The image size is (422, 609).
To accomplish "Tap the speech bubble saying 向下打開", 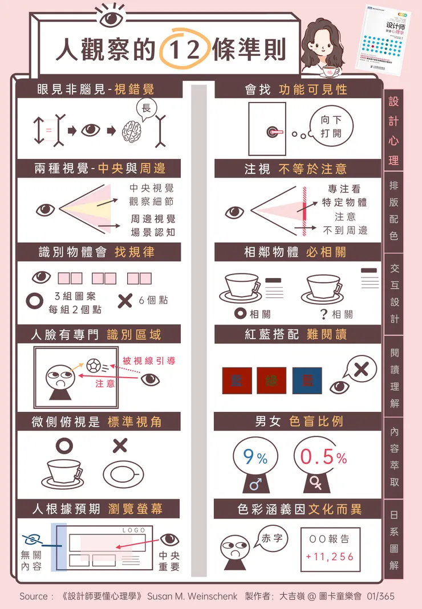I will click(x=330, y=126).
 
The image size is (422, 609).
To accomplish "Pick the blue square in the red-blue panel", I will click(x=307, y=381).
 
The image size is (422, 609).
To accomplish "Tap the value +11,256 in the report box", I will click(x=330, y=557).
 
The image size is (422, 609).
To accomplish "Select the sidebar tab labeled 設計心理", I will click(x=393, y=131).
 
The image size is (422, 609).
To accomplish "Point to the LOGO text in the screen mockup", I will click(x=134, y=530).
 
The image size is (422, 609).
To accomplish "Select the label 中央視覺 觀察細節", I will click(x=151, y=194).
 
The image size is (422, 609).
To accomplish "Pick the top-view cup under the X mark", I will click(x=123, y=472).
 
